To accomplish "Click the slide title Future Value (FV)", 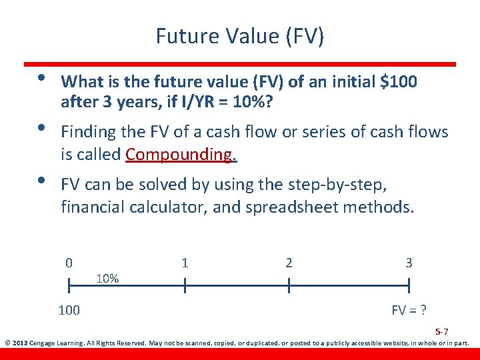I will [240, 35].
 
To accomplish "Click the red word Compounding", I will [181, 155].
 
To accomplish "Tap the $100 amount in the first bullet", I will [398, 82].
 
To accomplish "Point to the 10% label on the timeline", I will [107, 278].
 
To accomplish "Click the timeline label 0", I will [69, 263].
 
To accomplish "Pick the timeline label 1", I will [185, 263].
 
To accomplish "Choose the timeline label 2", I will [289, 263].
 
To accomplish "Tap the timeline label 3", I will [409, 263].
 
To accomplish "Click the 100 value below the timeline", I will [69, 310].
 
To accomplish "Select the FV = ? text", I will [409, 310].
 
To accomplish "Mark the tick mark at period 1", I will [185, 286].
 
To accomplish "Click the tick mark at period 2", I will [289, 286].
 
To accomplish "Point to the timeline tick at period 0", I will [69, 286].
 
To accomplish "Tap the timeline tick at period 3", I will [409, 286].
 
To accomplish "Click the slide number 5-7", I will [441, 331].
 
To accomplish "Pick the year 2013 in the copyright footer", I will [22, 344].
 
